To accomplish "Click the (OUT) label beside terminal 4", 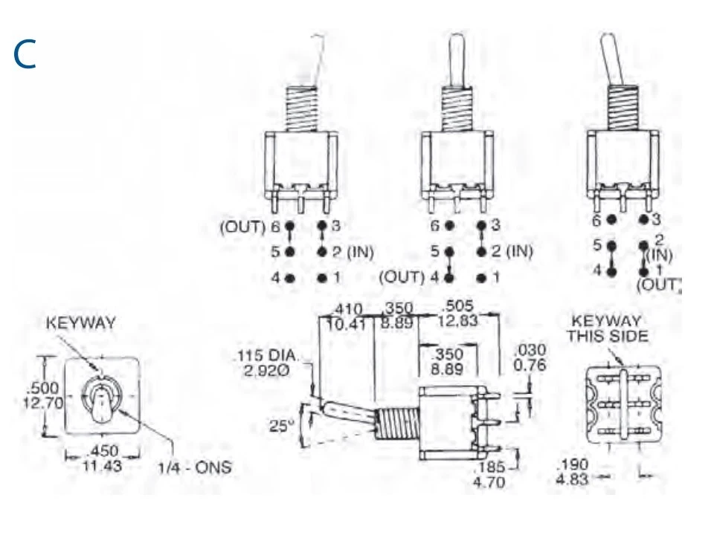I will pos(402,278).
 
